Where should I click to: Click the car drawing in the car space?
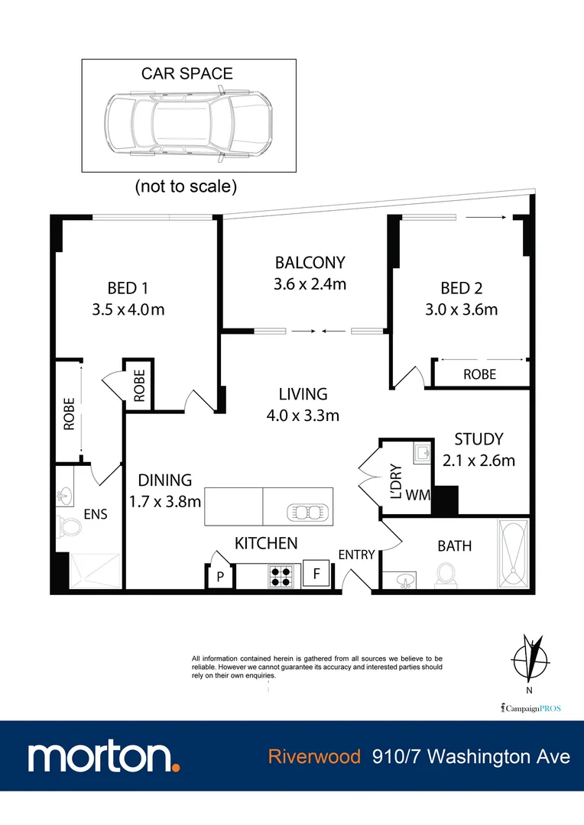187,124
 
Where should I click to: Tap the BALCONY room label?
310,263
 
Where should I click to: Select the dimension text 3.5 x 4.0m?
128,309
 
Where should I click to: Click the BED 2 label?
461,288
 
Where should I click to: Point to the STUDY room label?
479,439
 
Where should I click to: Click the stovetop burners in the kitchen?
281,575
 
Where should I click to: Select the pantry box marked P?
219,577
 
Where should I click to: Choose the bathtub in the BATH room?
511,554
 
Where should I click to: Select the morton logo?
105,756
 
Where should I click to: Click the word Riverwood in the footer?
314,756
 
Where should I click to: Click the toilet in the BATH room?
445,575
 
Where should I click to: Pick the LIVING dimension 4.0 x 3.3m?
303,416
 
